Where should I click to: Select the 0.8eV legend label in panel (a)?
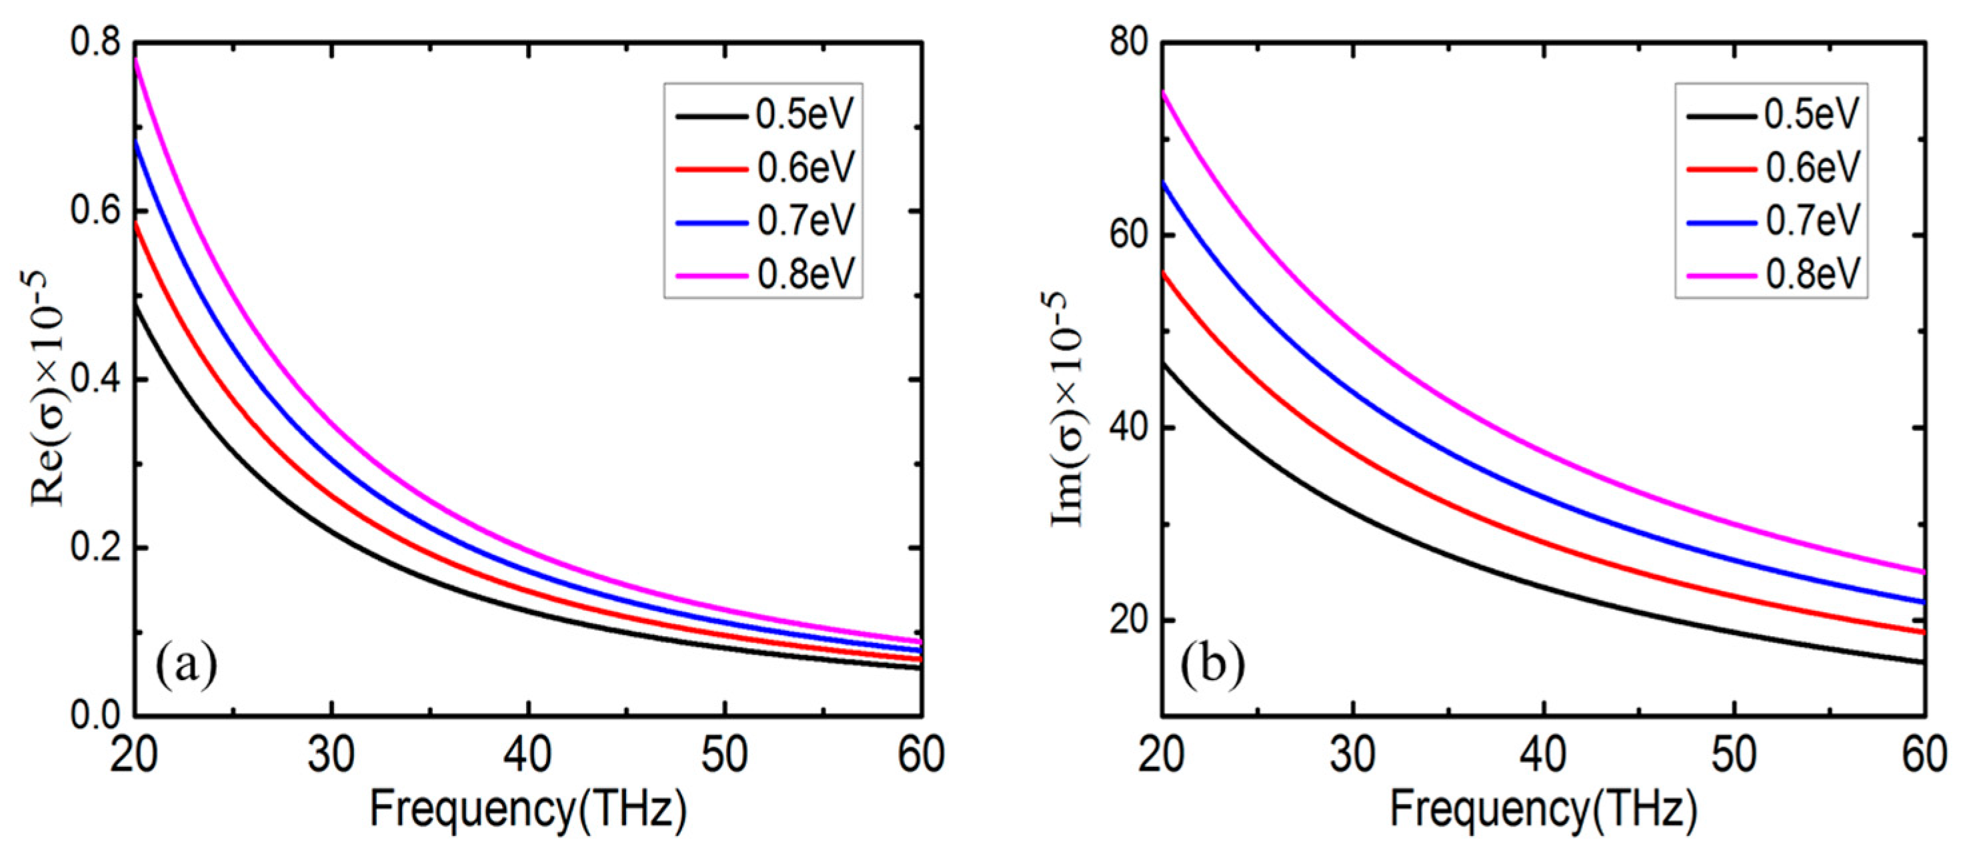tap(806, 273)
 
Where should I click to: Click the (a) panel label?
tap(185, 664)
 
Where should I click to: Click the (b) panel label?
tap(1213, 664)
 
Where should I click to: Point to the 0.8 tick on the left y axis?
tap(95, 42)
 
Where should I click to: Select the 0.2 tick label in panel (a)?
tap(95, 547)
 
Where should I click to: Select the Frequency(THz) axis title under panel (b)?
tap(1543, 811)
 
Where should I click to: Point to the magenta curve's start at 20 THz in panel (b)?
tap(1164, 93)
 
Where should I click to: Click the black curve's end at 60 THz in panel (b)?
tap(1923, 661)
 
